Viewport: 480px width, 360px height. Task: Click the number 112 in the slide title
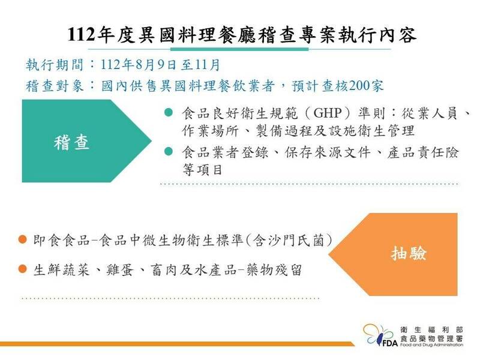[x=81, y=34]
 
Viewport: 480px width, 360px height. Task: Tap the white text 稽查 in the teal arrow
[x=71, y=142]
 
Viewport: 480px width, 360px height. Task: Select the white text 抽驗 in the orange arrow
[x=409, y=253]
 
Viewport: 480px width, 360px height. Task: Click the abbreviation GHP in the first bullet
[x=327, y=113]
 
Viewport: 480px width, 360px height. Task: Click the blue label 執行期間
[x=55, y=65]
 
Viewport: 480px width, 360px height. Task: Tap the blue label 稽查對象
[x=55, y=86]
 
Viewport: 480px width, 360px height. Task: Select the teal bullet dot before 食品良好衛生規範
[x=169, y=112]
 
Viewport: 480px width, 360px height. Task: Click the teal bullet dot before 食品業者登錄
[x=169, y=151]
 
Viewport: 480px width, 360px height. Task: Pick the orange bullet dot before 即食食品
[x=23, y=239]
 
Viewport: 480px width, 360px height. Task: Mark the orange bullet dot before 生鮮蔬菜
[x=23, y=269]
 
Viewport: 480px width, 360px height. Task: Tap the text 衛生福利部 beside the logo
[x=431, y=329]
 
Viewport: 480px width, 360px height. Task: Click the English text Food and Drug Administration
[x=431, y=345]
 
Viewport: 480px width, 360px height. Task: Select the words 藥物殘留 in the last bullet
[x=274, y=269]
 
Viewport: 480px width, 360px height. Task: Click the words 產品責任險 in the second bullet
[x=423, y=152]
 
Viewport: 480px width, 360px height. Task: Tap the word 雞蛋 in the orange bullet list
[x=120, y=269]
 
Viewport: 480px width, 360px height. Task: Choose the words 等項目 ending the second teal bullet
[x=202, y=169]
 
